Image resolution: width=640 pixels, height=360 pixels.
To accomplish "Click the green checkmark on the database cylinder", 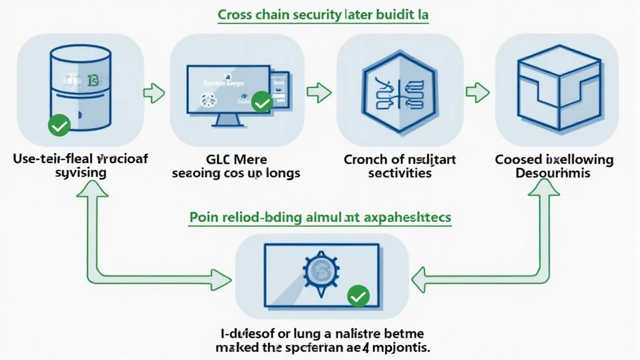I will point(59,127).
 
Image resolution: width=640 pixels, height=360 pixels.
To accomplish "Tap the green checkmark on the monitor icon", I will point(262,101).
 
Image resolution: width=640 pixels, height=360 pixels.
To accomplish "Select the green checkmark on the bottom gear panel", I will point(358,296).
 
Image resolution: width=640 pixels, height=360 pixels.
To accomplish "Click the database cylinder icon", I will point(79,84).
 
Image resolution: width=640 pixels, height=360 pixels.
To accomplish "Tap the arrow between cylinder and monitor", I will point(154,94).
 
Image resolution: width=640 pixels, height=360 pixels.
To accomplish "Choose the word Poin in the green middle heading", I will point(202,217).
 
